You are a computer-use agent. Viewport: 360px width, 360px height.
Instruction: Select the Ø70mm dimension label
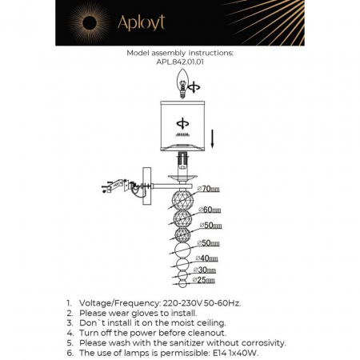click(210, 190)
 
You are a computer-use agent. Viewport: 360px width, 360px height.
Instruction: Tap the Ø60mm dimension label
click(210, 210)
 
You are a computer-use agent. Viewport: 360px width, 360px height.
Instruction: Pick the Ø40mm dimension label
click(207, 258)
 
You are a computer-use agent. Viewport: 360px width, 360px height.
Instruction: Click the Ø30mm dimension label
click(207, 271)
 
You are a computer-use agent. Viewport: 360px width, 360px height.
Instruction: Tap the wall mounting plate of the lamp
click(148, 186)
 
